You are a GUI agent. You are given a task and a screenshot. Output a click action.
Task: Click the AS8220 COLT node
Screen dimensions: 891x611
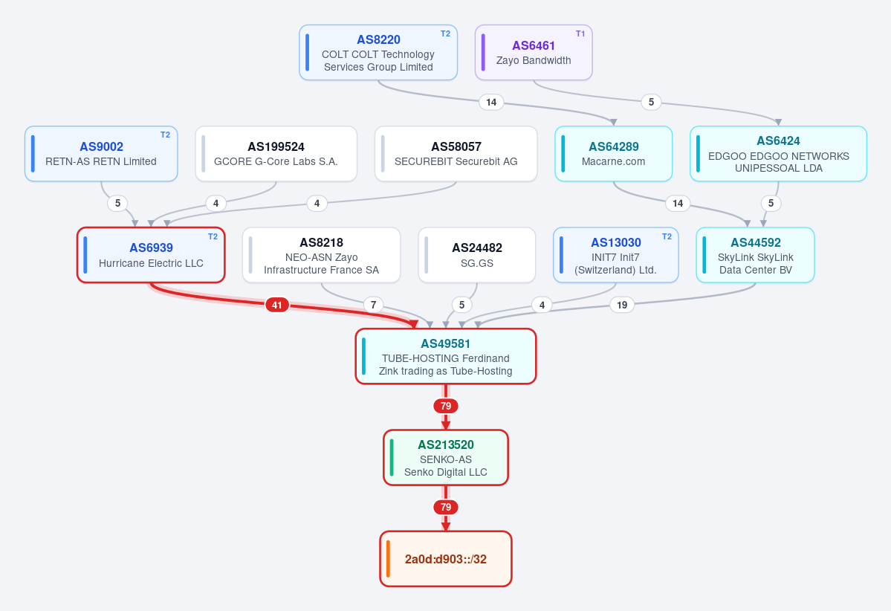[x=378, y=52]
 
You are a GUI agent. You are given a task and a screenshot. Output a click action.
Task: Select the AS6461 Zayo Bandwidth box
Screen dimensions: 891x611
[x=534, y=52]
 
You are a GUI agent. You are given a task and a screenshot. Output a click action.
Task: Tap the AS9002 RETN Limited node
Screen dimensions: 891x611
[x=101, y=153]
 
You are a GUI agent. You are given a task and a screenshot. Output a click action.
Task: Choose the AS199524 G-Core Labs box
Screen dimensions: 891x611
[x=276, y=153]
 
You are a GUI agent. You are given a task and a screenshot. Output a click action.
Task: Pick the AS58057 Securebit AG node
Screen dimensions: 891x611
[x=456, y=153]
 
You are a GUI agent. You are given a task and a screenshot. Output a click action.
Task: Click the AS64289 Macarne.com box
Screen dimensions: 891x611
[x=614, y=153]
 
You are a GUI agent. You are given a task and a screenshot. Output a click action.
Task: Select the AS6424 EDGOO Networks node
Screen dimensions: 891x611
[x=779, y=153]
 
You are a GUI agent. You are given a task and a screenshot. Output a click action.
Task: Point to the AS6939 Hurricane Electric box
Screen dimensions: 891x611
[x=151, y=255]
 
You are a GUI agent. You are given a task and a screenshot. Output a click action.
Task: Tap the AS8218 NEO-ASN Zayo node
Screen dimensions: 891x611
[x=322, y=255]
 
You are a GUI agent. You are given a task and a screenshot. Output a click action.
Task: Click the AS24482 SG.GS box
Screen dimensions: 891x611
[x=477, y=255]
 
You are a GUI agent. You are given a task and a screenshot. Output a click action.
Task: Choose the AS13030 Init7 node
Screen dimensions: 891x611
[x=616, y=255]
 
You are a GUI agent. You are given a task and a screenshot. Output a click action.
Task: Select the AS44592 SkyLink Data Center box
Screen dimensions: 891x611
[x=755, y=255]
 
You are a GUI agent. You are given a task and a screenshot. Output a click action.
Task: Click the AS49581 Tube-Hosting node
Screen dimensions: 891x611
[x=446, y=356]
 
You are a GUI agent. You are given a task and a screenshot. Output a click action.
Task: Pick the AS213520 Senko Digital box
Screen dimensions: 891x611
[x=446, y=458]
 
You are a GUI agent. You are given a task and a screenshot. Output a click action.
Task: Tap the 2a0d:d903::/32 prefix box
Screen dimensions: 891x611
[x=446, y=559]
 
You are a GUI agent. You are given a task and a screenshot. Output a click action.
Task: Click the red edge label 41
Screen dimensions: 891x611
[x=276, y=305]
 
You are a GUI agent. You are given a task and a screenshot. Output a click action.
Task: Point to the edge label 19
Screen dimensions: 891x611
[x=622, y=305]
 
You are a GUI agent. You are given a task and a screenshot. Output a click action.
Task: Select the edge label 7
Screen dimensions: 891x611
[x=373, y=305]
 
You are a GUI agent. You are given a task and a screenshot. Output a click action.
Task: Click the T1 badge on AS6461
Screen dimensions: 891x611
[x=580, y=33]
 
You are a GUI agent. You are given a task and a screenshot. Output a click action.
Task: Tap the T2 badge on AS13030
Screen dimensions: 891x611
[x=667, y=236]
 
